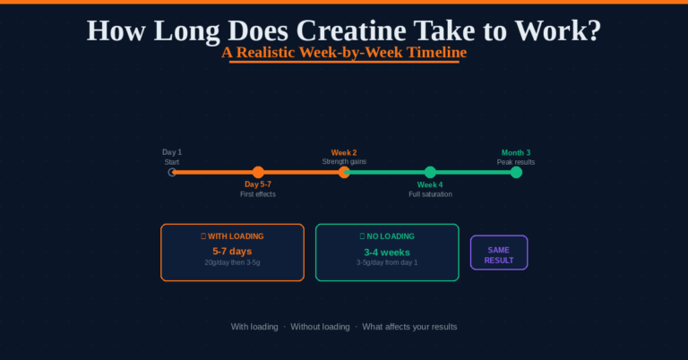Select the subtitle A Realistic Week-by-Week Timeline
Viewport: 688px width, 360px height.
coord(344,53)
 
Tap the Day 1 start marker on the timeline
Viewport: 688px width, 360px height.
coord(173,172)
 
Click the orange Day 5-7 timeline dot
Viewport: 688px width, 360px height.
coord(258,172)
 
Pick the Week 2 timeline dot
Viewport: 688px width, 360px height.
coord(344,172)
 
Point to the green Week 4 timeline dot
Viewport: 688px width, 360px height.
coord(430,172)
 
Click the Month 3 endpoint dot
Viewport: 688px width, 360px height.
coord(516,172)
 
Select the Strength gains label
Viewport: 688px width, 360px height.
coord(344,162)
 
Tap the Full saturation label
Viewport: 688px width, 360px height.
coord(430,194)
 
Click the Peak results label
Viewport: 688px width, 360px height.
coord(516,162)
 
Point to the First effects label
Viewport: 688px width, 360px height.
coord(258,194)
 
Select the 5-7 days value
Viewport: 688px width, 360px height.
coord(232,251)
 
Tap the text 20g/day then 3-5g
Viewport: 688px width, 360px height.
coord(232,262)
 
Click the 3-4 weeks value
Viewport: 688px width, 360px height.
coord(387,252)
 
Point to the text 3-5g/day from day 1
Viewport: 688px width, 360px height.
coord(387,262)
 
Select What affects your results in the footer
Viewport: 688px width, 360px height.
coord(409,327)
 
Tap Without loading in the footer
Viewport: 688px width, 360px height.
coord(320,327)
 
